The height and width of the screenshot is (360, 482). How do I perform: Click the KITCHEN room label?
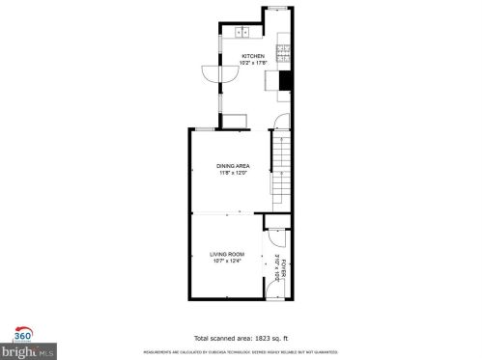(252, 57)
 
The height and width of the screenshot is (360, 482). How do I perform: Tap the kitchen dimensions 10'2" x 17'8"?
(252, 64)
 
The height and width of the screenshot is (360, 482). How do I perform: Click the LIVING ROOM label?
(227, 253)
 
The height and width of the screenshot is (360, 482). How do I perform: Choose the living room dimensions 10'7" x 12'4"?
(227, 261)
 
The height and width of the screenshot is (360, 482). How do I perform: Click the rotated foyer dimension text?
(277, 261)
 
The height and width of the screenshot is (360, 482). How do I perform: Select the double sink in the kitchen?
(239, 33)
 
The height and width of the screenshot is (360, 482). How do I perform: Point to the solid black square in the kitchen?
(284, 81)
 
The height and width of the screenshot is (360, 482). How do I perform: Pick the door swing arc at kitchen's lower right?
(278, 124)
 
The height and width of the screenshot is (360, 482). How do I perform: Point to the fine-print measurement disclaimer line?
(241, 353)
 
